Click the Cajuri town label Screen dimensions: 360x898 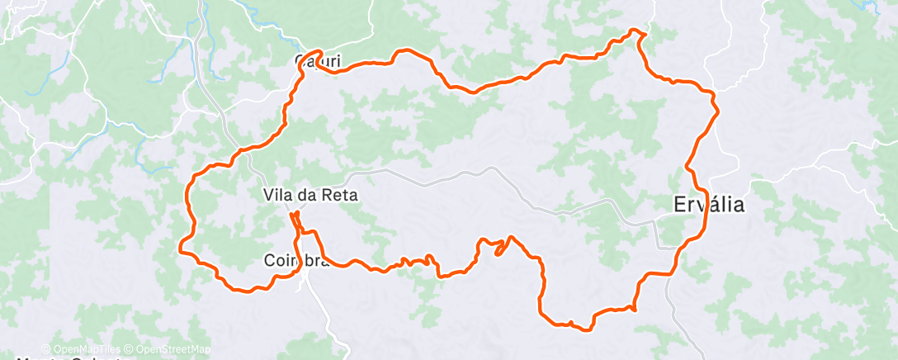pos(318,60)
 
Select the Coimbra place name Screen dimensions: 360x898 pos(296,260)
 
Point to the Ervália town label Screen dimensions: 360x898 pos(707,205)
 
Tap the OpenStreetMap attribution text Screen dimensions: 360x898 pos(171,349)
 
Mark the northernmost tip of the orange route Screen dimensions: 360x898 pos(635,30)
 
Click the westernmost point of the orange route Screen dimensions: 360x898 pos(180,245)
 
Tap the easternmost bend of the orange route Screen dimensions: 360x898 pos(718,111)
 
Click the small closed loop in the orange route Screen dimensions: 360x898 pos(500,248)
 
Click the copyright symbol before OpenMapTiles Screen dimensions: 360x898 pos(46,349)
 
